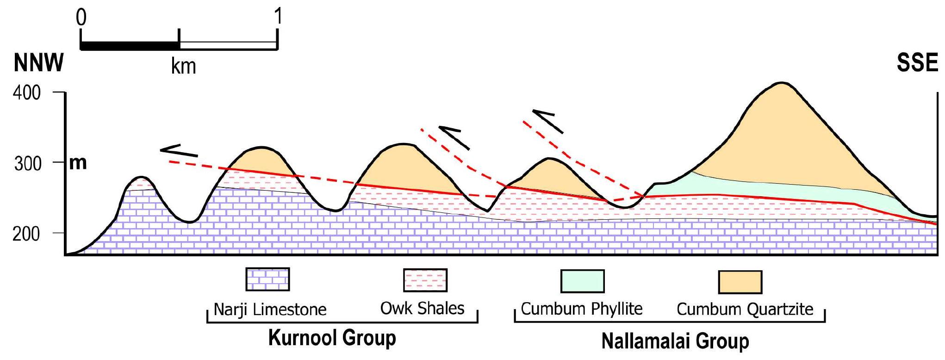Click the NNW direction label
[39, 63]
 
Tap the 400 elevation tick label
[27, 93]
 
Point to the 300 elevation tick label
[27, 163]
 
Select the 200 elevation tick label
[27, 234]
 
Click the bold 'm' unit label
[78, 163]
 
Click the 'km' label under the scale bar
[184, 66]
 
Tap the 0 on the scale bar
[81, 18]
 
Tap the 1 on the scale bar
[278, 17]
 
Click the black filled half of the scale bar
[130, 46]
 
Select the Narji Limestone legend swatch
[267, 279]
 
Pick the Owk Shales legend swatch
[425, 280]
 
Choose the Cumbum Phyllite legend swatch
[582, 281]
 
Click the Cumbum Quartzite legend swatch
[740, 282]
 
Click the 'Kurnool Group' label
[332, 338]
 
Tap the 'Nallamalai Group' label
[675, 341]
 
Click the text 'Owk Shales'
[422, 308]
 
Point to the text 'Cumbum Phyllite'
[582, 309]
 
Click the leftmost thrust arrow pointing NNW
[179, 151]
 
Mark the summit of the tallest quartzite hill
[782, 83]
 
